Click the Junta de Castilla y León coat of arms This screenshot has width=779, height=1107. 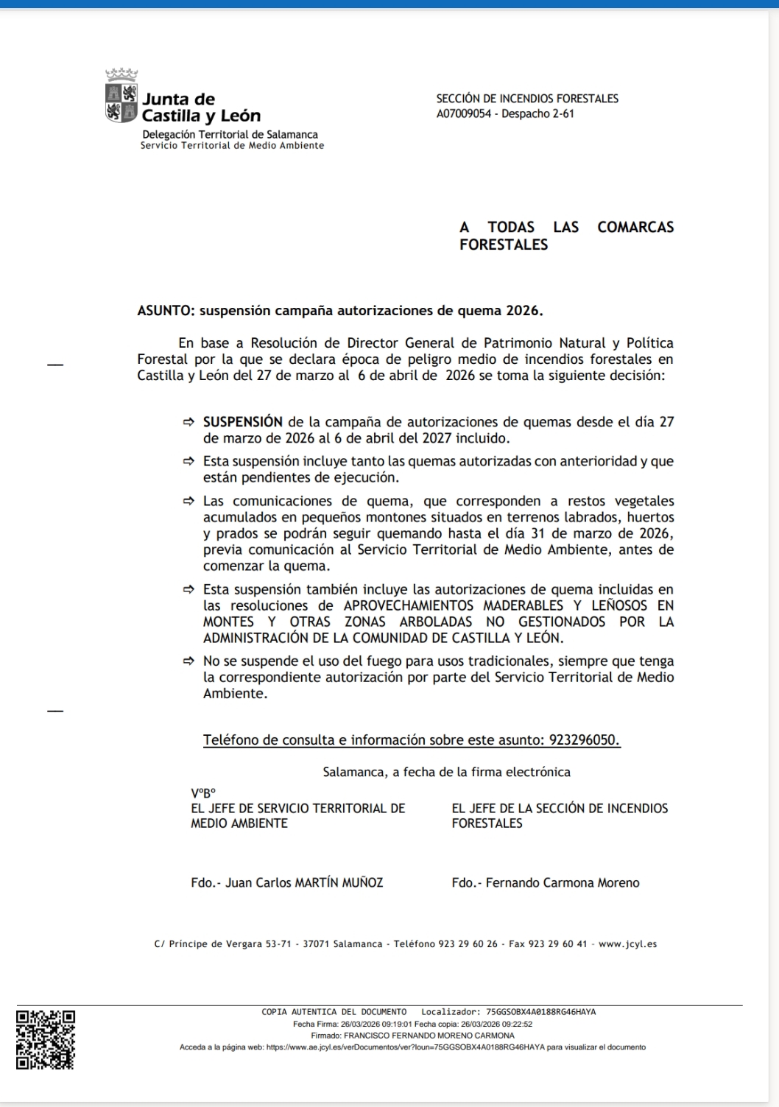tap(122, 102)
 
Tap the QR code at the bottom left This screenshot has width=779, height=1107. tap(46, 1039)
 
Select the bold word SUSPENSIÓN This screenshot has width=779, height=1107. tap(243, 422)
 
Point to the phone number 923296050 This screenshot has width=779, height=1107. tap(585, 740)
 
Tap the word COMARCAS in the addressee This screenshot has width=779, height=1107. tap(635, 227)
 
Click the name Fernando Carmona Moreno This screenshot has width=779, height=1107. tap(563, 882)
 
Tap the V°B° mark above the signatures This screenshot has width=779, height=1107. tap(202, 794)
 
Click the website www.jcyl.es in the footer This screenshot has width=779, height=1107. tap(627, 943)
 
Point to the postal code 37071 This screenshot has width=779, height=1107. tap(317, 943)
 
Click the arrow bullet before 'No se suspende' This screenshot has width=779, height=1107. tap(188, 661)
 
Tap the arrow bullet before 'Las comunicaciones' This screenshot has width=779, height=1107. tap(188, 501)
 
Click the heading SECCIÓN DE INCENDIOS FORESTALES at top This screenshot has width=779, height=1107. tap(527, 99)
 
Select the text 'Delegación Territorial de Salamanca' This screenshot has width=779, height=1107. tap(230, 135)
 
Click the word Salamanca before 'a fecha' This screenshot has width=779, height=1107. tap(355, 772)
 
